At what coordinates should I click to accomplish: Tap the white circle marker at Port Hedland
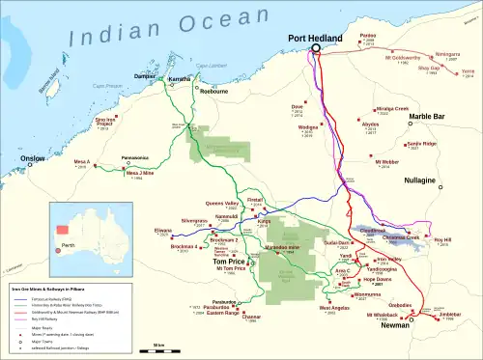[x=315, y=50]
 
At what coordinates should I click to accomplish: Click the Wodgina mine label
[x=307, y=126]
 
